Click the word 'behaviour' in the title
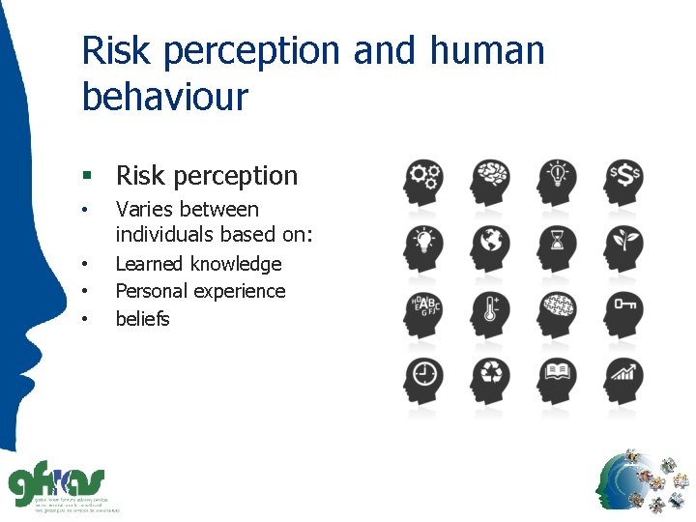point(165,97)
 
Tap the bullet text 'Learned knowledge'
point(198,264)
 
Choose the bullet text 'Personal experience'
point(200,291)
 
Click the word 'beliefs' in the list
point(142,318)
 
